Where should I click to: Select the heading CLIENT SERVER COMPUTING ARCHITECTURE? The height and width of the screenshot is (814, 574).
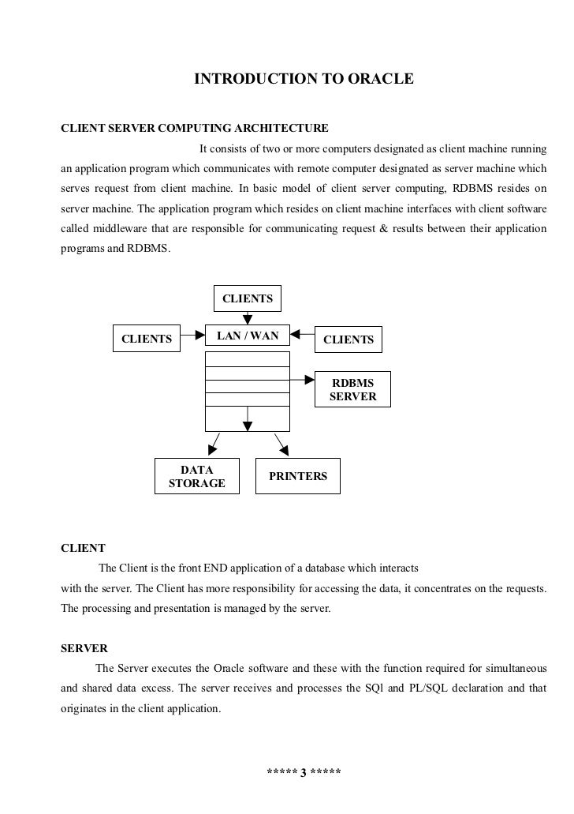tap(195, 128)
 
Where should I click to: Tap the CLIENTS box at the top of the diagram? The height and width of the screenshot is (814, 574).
tap(248, 298)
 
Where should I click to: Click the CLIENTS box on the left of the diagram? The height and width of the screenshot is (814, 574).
tap(147, 339)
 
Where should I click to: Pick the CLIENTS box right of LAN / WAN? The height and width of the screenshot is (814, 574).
tap(348, 339)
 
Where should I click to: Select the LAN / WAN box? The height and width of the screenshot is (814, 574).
tap(248, 336)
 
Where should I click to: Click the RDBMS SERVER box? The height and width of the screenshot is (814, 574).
tap(352, 389)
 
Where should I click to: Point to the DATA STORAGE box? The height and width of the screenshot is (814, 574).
tap(197, 476)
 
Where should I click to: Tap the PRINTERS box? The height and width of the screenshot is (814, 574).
tap(298, 476)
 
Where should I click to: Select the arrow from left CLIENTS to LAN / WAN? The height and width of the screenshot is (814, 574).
tap(192, 335)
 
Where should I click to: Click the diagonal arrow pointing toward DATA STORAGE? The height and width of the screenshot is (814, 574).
tap(215, 444)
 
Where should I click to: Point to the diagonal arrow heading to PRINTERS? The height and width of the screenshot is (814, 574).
tap(280, 444)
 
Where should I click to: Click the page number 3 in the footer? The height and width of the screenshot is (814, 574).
tap(304, 771)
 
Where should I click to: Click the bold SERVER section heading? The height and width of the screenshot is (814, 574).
tap(84, 648)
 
